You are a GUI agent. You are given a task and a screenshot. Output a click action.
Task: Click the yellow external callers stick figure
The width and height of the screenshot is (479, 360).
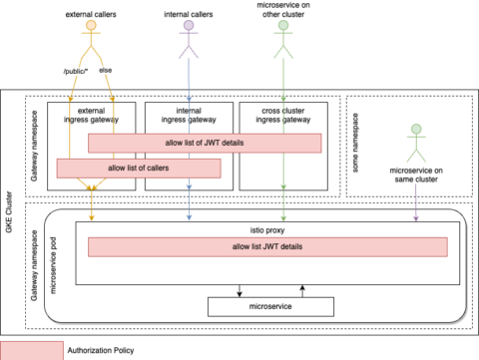tap(91, 42)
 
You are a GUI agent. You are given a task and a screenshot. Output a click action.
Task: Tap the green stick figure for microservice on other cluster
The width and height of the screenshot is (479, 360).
tap(284, 42)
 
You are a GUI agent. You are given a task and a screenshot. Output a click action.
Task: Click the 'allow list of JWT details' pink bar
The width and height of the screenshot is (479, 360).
tap(205, 143)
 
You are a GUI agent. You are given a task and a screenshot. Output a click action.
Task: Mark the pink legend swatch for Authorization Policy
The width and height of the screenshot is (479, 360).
tap(27, 350)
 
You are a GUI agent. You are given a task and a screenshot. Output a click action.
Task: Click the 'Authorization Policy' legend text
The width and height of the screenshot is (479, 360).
tap(98, 351)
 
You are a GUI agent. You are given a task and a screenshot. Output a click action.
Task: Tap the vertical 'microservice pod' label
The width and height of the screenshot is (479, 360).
tap(52, 263)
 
